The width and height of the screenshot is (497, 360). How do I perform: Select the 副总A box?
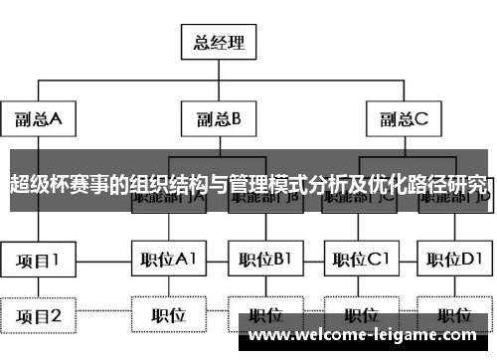tap(38, 120)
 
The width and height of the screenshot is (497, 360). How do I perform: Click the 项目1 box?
tap(38, 260)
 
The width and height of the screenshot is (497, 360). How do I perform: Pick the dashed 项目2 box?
tap(38, 316)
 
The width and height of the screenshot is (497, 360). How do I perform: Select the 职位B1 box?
tap(263, 260)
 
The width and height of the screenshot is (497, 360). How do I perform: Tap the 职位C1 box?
tap(359, 260)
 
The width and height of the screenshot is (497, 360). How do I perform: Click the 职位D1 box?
tap(453, 260)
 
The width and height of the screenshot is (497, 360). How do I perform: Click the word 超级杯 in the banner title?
tap(36, 184)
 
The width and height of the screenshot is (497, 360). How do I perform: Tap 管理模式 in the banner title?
tap(262, 184)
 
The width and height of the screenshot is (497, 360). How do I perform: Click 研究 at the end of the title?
tap(471, 184)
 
